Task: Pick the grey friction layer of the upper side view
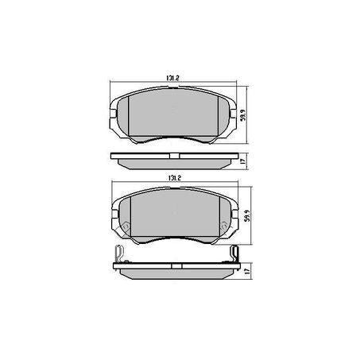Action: coord(174,164)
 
